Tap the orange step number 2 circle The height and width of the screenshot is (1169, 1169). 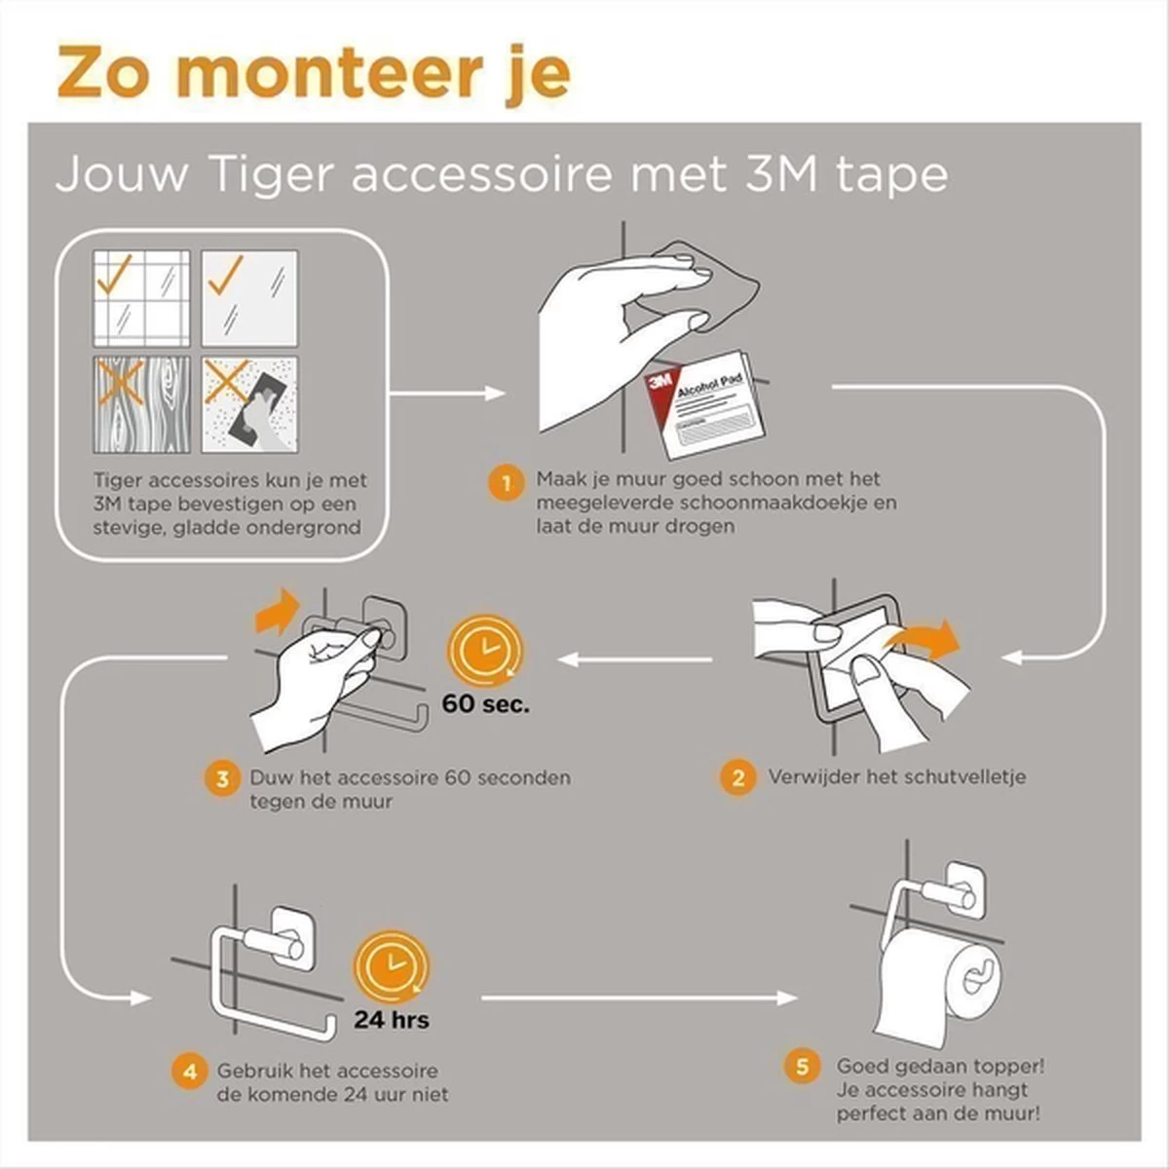coord(737,777)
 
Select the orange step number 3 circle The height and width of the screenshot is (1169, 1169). coord(222,779)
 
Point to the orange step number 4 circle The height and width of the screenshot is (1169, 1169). coord(190,1073)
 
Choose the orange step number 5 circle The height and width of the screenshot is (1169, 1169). coord(802,1067)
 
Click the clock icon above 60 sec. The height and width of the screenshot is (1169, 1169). coord(484,649)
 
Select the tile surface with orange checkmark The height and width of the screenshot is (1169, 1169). coord(141,298)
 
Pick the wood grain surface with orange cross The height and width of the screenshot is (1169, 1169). coord(141,404)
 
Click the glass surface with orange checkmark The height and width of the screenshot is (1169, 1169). coord(249,298)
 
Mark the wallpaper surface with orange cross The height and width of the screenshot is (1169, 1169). coord(249,404)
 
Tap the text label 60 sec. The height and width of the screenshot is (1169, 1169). coord(486,703)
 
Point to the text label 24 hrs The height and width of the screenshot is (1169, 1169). coord(392,1020)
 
